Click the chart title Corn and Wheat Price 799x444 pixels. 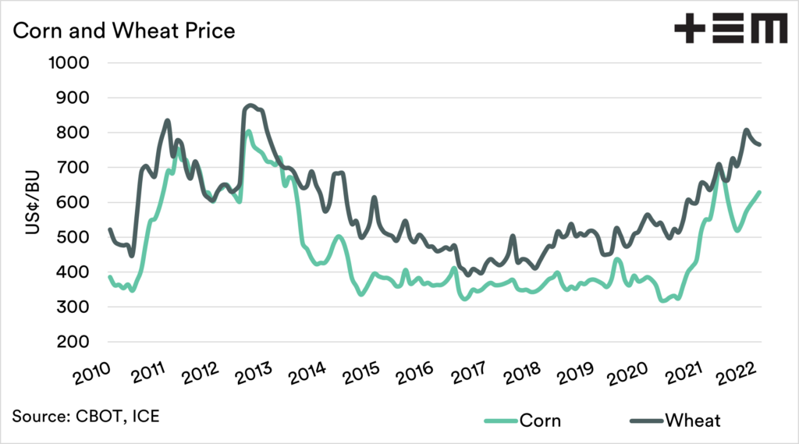click(124, 31)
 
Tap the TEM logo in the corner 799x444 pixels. click(730, 30)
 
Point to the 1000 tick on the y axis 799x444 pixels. click(70, 63)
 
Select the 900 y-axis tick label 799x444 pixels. click(75, 98)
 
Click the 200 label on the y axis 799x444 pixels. click(75, 343)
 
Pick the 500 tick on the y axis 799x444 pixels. click(75, 238)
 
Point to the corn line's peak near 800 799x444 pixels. click(248, 132)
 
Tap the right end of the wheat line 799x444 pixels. click(761, 144)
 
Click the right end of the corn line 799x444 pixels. click(761, 192)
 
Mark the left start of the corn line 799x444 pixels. click(109, 277)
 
